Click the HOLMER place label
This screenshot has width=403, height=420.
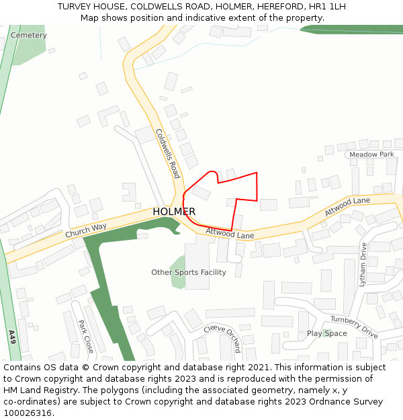click(x=174, y=212)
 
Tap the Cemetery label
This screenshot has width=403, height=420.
click(x=29, y=35)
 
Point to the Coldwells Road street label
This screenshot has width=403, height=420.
click(x=168, y=153)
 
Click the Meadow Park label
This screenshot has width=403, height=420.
click(x=371, y=155)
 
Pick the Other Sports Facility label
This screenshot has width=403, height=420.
click(x=188, y=272)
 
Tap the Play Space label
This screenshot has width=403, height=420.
click(x=327, y=333)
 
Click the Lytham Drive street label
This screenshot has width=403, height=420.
click(x=363, y=265)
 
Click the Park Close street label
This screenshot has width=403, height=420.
click(x=85, y=336)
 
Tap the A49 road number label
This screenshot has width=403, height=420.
click(x=11, y=337)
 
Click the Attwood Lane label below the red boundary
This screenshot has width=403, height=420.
click(x=230, y=234)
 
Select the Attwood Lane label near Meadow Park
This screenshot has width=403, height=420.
click(x=347, y=206)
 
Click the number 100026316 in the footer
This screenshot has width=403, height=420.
click(x=27, y=413)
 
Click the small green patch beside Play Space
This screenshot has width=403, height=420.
click(x=326, y=333)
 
